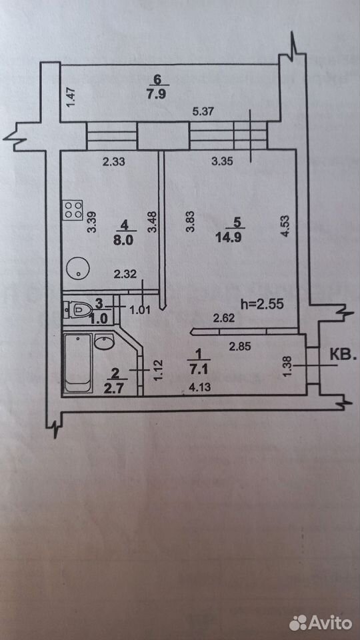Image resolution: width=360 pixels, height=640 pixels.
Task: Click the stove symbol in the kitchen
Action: click(x=73, y=210)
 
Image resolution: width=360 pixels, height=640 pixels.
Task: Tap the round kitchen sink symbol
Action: click(x=78, y=268)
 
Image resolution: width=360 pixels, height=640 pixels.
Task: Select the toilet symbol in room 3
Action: click(x=75, y=310)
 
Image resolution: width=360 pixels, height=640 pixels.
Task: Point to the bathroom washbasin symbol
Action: click(x=104, y=341)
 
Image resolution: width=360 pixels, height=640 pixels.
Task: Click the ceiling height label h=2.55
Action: click(x=262, y=304)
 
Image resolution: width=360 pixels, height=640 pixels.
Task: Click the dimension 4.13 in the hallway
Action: click(x=199, y=387)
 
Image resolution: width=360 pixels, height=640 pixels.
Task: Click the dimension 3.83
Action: click(x=190, y=221)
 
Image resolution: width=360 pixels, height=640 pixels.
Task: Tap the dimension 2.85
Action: click(x=240, y=347)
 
